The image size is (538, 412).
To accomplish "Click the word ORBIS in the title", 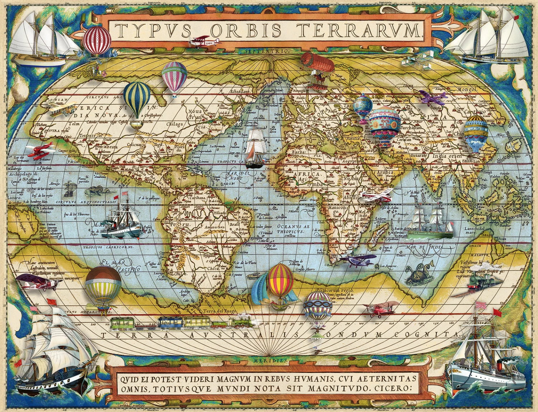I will coord(246,31).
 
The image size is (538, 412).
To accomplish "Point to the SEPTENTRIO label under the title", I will coord(266,51).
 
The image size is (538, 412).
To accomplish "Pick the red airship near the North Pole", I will coord(318,63).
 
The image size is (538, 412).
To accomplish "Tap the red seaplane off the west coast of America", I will coord(40,151).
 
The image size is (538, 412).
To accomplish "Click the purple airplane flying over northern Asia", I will coord(433,97).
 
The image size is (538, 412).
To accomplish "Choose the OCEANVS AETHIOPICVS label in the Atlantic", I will coord(293,229).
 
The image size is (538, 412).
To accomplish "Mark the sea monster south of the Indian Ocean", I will coord(419,274).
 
